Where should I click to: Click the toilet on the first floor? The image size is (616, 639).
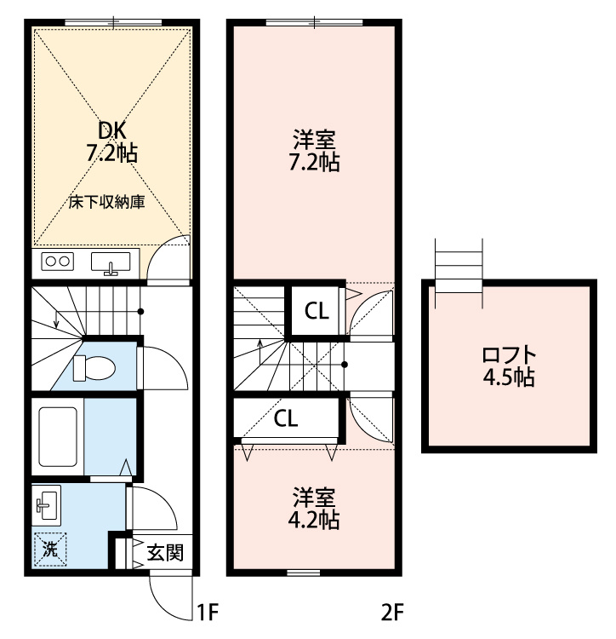coord(94,368)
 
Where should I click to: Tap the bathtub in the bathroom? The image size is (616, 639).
coord(58,436)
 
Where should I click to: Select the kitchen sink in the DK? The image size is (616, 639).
coord(111,262)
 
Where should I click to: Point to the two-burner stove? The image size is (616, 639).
coord(57,261)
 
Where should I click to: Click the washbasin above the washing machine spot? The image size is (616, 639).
coord(47,505)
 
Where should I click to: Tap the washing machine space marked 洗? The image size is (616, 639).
coord(50,550)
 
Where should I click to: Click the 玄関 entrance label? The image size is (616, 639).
coord(165,553)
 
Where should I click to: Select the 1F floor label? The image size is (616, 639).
coord(208,612)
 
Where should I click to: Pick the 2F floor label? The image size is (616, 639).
coord(392,612)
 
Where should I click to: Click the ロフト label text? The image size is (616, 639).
coord(509,355)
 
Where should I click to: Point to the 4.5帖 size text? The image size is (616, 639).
coord(509,377)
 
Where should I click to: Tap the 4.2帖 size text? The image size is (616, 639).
coord(314,520)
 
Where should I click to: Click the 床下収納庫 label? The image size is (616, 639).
coord(106,202)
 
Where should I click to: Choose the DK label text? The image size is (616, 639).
coord(112,130)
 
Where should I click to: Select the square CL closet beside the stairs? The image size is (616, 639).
coord(317,311)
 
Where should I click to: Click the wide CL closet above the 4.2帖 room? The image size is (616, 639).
coord(286,417)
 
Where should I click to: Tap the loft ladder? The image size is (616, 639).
coord(459,273)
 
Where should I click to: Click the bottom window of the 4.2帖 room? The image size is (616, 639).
coord(304,573)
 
